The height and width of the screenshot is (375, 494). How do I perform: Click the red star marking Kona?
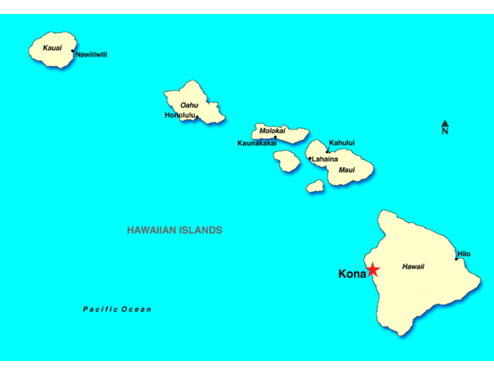point(373,270)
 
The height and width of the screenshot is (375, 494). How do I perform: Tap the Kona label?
point(351,274)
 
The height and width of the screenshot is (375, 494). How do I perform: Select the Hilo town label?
point(464,254)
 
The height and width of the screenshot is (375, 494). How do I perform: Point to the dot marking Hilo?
point(456,259)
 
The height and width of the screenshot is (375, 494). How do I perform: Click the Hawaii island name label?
point(413,267)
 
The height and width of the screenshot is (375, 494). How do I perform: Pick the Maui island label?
point(346,170)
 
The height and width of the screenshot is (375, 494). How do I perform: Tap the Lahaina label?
point(325,159)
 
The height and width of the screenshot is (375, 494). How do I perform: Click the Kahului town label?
point(342,143)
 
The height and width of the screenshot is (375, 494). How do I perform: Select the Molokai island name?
point(272,131)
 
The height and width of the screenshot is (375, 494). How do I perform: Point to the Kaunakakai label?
point(257,143)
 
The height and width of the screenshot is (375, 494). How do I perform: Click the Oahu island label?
point(190,105)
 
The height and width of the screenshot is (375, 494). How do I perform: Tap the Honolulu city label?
point(179,115)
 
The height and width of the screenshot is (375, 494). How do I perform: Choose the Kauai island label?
point(51,48)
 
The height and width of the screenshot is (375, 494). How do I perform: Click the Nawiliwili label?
point(92,54)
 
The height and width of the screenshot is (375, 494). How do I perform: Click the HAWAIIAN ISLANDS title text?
point(174,230)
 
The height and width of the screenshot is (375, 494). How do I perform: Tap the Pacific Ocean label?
point(117,310)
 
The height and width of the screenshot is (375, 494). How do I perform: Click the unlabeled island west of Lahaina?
point(287,160)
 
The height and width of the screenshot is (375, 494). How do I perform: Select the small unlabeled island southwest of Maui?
point(315,186)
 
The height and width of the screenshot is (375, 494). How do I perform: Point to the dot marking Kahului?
point(327,151)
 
